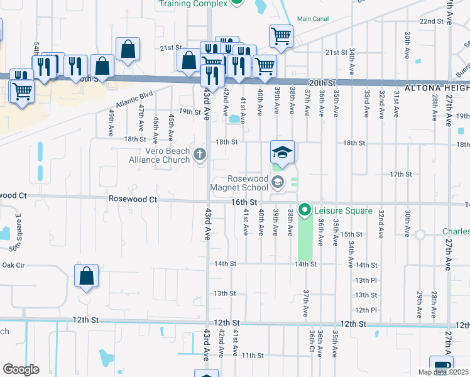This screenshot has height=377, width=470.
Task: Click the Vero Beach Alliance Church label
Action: click(x=160, y=155)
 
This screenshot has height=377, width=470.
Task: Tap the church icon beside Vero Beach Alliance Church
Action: click(x=200, y=155)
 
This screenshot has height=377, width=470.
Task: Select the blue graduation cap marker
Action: click(x=283, y=152)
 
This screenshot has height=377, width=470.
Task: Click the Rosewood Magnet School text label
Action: click(x=248, y=183)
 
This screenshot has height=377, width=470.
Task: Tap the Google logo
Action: click(x=21, y=369)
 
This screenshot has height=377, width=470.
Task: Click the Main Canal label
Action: click(x=313, y=19)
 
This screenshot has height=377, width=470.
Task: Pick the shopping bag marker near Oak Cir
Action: click(x=86, y=275)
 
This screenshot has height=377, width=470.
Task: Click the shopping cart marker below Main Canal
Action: click(x=281, y=35)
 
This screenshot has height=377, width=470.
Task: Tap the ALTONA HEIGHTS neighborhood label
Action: click(x=439, y=83)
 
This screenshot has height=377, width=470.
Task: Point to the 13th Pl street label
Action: click(x=365, y=280)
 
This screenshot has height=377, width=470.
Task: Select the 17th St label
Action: click(x=400, y=174)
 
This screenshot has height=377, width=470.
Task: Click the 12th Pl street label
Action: click(x=365, y=310)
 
